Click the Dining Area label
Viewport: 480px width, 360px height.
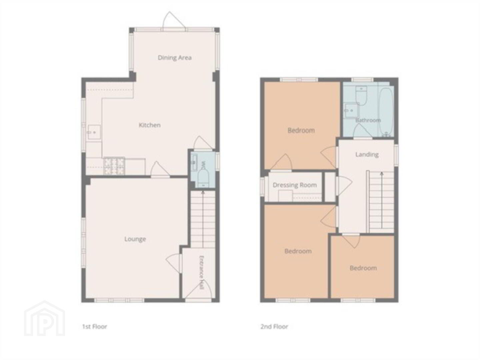coord(175,58)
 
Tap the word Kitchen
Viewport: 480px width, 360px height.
coord(150,125)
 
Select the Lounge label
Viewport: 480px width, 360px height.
coord(135,239)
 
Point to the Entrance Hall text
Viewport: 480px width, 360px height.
coord(202,273)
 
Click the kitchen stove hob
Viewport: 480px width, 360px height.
coord(114,166)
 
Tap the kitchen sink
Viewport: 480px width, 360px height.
coord(94,132)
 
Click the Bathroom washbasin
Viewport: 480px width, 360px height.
coord(351,111)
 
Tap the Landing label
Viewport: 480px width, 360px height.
coord(367,155)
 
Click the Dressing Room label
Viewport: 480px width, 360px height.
coord(295,185)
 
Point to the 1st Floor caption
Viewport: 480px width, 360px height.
coord(94,327)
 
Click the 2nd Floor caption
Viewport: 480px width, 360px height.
coord(274,327)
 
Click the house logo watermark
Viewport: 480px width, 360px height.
coord(44,318)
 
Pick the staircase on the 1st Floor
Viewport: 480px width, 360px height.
coord(203,219)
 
